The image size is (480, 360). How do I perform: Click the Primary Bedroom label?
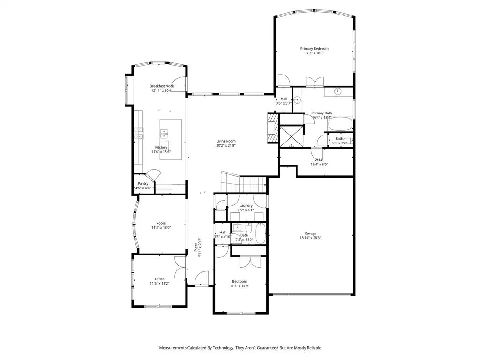314,48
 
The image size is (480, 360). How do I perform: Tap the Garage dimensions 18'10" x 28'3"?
310,238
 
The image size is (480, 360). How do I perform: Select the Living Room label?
225,141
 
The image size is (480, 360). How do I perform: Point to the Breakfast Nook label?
162,86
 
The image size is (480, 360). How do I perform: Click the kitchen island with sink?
171,139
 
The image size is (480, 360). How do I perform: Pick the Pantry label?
143,183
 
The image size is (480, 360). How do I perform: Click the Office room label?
159,279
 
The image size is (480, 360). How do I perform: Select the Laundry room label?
246,205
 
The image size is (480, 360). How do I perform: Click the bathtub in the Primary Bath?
339,124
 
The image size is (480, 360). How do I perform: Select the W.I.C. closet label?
319,160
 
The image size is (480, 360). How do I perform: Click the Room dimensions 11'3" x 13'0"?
161,228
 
